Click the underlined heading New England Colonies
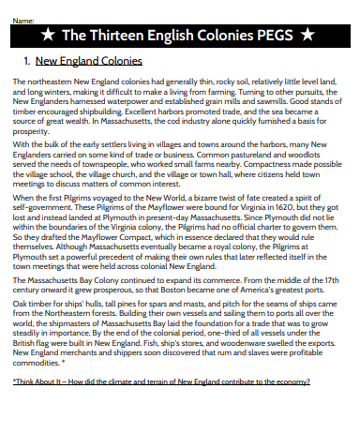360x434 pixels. click(x=88, y=62)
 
